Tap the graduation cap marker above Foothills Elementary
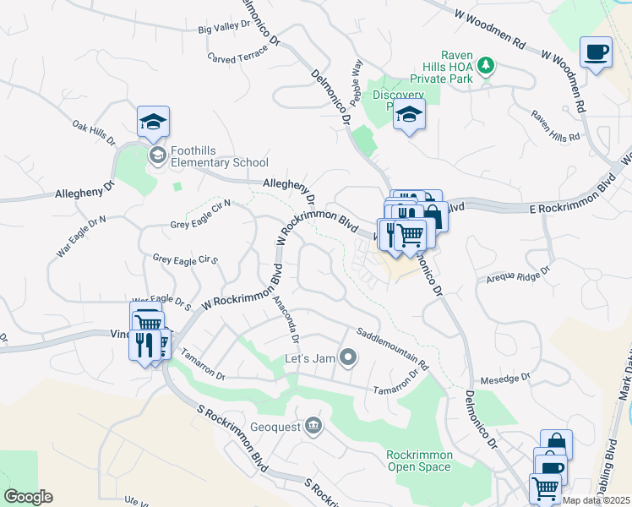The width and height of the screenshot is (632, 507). pos(153,122)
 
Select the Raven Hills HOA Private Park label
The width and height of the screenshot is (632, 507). pos(449,68)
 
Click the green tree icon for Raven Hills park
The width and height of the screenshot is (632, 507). pos(486,65)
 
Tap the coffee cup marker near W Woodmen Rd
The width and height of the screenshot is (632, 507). pos(596,52)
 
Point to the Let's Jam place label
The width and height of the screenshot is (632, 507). pos(311,358)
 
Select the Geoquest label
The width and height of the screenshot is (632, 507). pos(276,426)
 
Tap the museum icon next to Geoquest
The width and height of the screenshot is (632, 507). pos(313,424)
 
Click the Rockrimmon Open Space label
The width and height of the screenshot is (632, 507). pos(420,461)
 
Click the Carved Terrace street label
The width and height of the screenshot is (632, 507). pos(237,52)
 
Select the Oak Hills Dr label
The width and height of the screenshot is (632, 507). pos(94,132)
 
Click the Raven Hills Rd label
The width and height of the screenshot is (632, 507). pos(555,125)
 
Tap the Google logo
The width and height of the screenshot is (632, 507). pos(28,497)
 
